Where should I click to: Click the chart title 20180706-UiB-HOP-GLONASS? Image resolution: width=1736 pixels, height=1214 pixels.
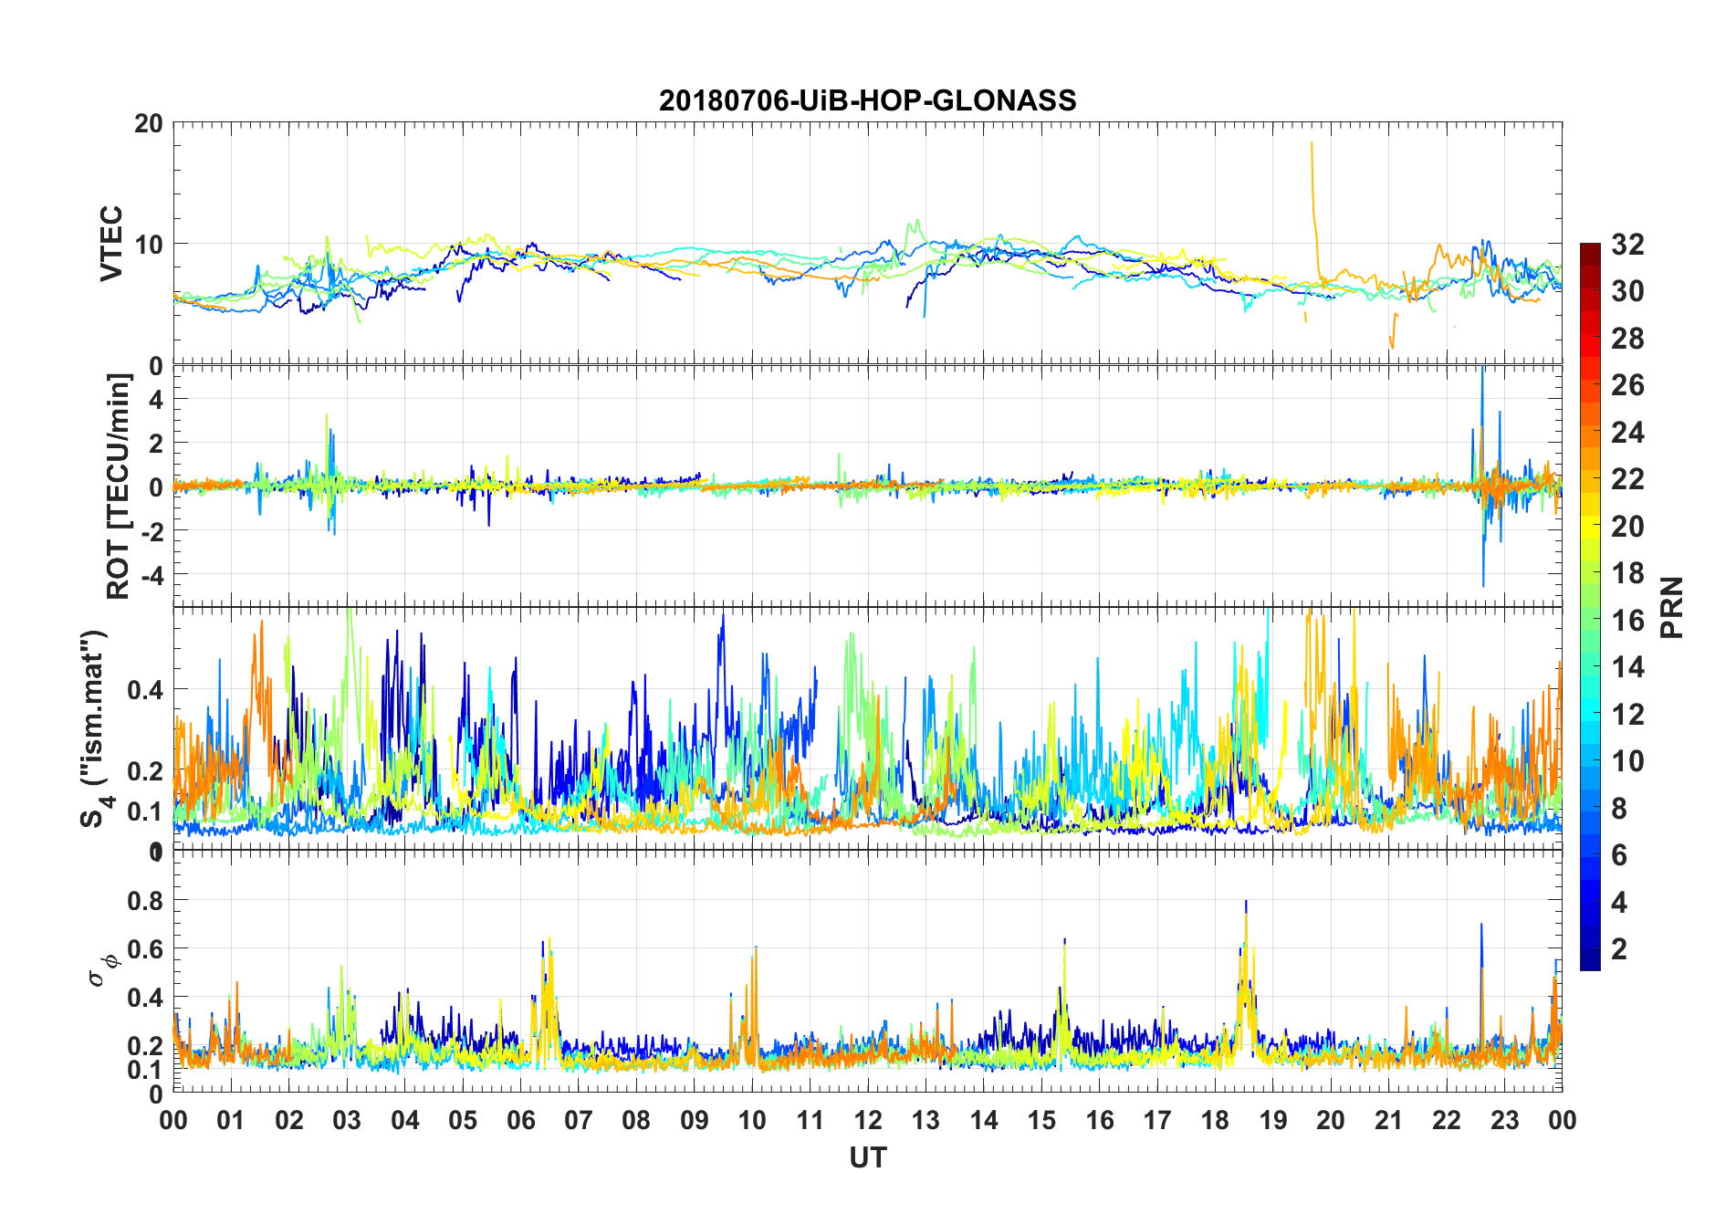[867, 99]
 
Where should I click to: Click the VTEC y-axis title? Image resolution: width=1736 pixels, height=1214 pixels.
[110, 243]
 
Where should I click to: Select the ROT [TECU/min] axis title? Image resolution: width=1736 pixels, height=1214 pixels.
[119, 486]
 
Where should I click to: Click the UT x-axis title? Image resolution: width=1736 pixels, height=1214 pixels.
[867, 1158]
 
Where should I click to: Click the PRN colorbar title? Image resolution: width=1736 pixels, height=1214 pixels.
[1671, 607]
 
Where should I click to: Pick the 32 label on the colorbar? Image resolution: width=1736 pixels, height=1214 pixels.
[1627, 245]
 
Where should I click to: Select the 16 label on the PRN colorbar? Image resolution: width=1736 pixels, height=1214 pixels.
[1627, 621]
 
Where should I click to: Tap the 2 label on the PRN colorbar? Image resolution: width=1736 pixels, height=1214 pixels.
[1619, 949]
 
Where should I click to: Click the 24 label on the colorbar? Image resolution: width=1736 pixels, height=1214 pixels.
[1627, 433]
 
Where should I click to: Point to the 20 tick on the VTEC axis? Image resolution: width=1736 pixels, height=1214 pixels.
[149, 123]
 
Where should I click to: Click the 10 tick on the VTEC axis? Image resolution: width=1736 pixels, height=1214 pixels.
[149, 245]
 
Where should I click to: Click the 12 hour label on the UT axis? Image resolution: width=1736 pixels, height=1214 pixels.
[867, 1121]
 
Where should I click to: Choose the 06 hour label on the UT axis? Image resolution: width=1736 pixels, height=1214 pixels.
[520, 1121]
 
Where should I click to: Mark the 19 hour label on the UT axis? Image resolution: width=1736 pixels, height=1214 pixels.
[1272, 1121]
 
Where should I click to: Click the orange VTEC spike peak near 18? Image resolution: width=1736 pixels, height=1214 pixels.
[1312, 143]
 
